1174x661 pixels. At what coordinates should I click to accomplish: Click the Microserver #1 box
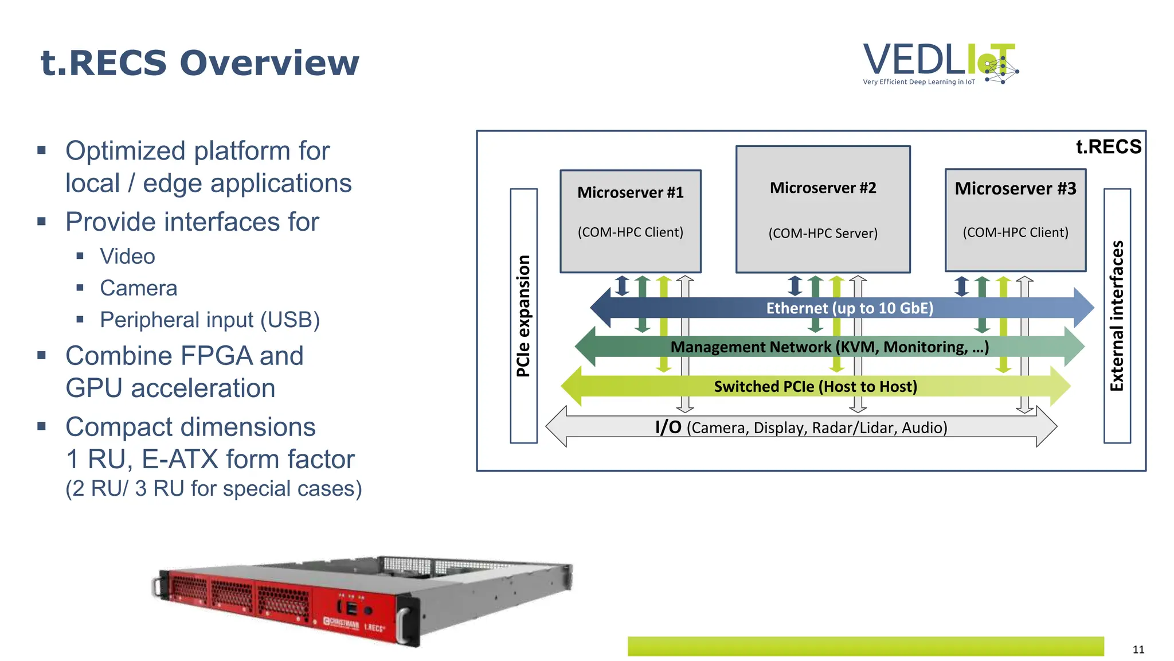click(630, 220)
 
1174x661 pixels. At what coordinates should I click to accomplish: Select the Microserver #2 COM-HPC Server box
click(823, 209)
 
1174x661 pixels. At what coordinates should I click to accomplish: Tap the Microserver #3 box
click(1015, 219)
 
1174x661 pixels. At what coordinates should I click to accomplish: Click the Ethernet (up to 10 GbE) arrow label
click(850, 308)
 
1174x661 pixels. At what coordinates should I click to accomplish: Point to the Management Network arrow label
click(829, 347)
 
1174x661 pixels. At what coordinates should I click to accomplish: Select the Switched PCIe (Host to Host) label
click(815, 387)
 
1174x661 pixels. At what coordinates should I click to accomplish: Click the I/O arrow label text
click(801, 427)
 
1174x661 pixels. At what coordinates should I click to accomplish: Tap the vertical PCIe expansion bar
click(523, 316)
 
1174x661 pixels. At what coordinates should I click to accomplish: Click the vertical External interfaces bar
click(1117, 316)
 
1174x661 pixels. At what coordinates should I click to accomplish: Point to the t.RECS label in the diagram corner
click(1108, 147)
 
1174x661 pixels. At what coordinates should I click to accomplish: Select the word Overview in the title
click(269, 63)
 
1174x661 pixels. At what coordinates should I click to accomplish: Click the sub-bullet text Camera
click(138, 288)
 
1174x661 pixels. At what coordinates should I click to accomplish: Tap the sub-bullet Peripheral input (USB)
click(210, 320)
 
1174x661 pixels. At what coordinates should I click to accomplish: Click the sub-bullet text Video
click(127, 256)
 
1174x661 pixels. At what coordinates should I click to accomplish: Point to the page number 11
click(1138, 649)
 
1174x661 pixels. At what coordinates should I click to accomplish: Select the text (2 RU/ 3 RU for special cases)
click(214, 488)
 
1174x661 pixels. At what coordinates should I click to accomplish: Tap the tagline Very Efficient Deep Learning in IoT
click(918, 82)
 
